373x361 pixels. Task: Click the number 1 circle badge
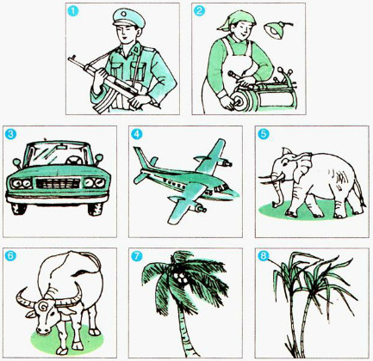(74, 12)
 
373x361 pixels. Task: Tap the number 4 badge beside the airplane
(135, 134)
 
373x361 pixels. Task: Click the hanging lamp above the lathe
(277, 31)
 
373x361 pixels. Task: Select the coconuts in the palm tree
(180, 277)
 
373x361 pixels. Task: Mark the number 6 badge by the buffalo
(9, 256)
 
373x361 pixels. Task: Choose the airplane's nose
(139, 178)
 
